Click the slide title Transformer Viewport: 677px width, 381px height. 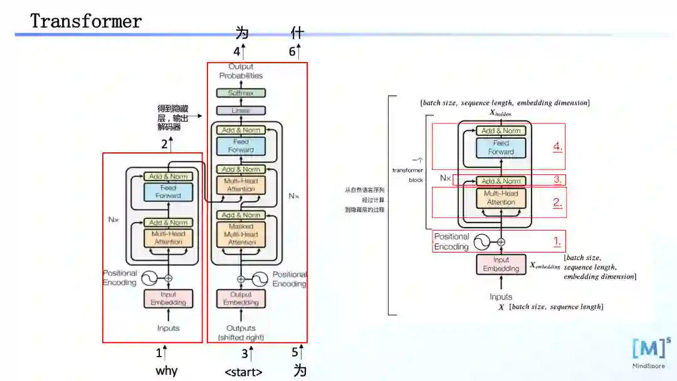87,21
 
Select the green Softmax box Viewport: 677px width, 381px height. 241,93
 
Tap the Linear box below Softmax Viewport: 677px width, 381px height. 241,110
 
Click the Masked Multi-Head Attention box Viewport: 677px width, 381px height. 241,234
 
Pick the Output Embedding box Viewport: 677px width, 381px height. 241,298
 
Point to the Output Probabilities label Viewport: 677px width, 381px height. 241,71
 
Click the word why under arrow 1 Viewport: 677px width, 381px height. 167,370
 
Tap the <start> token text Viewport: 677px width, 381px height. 243,372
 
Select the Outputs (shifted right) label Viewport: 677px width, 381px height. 241,333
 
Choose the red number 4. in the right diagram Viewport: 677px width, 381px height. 557,147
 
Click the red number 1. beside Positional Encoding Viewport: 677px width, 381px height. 557,241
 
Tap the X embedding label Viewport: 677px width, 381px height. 545,266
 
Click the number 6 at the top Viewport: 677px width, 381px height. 292,52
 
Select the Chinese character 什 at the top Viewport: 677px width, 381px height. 297,33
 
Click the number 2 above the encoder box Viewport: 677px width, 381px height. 164,145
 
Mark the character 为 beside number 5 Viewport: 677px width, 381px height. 300,370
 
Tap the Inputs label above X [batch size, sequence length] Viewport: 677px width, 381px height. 500,297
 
